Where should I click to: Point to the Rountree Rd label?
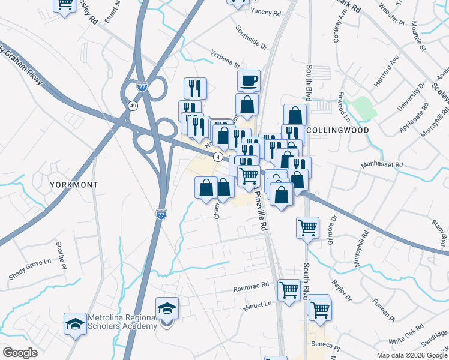click(251, 287)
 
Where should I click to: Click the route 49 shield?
click(132, 106)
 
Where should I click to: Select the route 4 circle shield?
click(218, 157)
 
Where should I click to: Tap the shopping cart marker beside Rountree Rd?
click(289, 290)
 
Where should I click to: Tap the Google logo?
click(20, 353)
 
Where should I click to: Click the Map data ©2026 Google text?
click(412, 355)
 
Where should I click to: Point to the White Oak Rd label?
click(406, 337)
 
